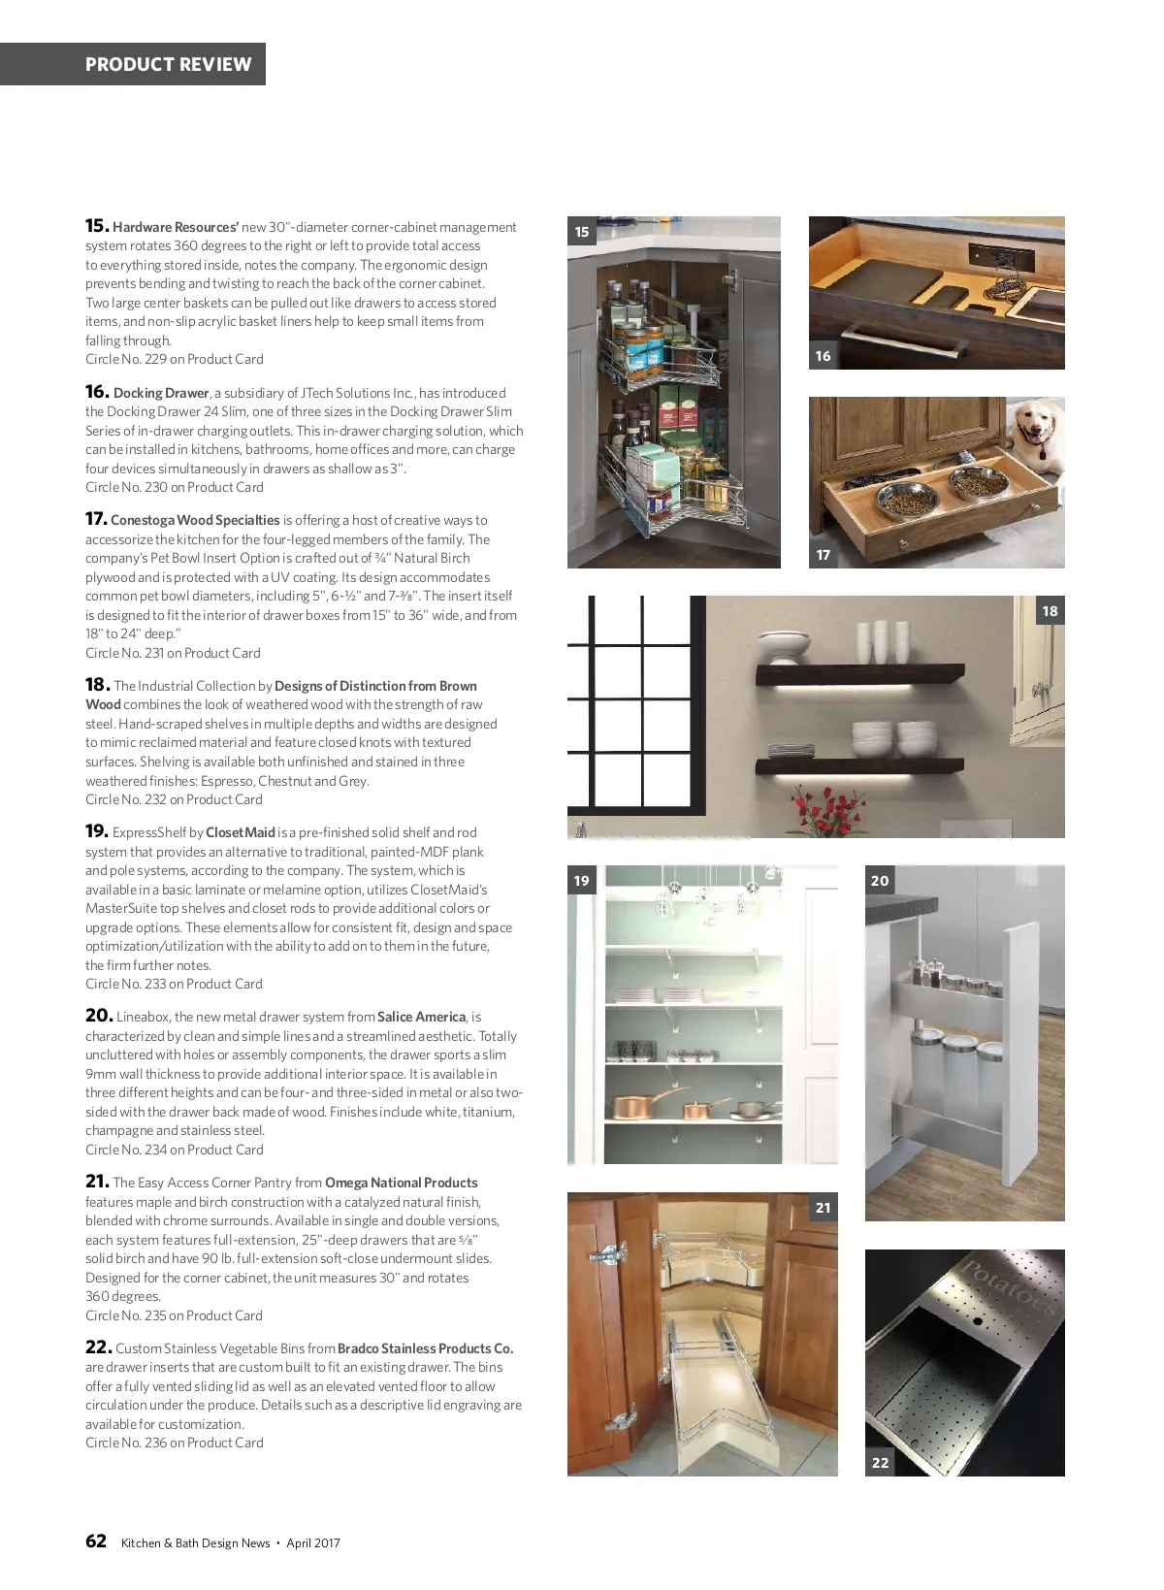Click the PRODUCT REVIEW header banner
click(x=168, y=64)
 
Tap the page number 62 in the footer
click(x=96, y=1541)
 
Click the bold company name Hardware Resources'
click(x=175, y=227)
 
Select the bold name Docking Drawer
click(x=161, y=393)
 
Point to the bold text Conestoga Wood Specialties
click(x=195, y=520)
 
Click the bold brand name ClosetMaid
click(x=241, y=832)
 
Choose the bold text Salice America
click(x=421, y=1017)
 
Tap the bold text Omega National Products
click(x=401, y=1183)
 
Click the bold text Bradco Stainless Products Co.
click(x=425, y=1348)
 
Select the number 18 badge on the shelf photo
click(x=1050, y=611)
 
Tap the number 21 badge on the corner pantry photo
click(x=824, y=1208)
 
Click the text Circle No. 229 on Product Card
click(x=175, y=359)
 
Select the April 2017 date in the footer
click(x=313, y=1543)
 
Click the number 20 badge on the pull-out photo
click(x=880, y=881)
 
